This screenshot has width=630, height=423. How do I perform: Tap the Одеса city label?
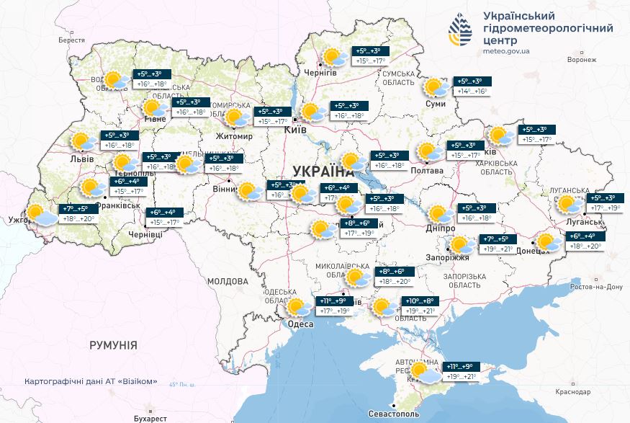pos(300,324)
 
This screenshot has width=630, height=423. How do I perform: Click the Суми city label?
pos(436,104)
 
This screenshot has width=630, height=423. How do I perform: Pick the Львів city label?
pos(82,159)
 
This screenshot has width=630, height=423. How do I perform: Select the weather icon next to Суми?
pos(436,88)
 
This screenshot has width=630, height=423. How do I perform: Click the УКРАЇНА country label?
pos(323,172)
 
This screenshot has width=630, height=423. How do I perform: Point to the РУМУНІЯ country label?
pos(113,345)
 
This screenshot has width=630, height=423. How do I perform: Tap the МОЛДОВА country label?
pos(228,281)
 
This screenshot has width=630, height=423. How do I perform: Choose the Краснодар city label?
pos(572,391)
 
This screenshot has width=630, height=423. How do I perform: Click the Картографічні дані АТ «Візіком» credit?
pos(90,382)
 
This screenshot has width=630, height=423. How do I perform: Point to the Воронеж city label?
pos(582,60)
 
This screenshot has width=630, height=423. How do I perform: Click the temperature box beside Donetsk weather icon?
pos(587,241)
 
